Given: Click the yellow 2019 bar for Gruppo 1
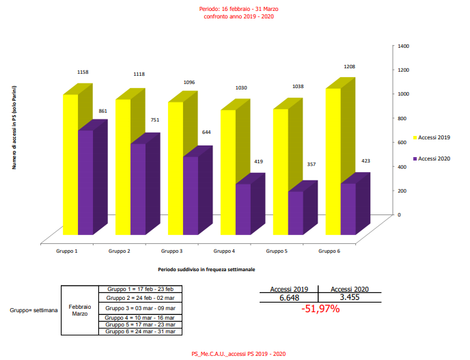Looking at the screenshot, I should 70,164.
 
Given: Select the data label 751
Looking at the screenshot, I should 155,119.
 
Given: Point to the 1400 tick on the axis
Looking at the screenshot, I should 404,46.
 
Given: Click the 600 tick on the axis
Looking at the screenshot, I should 402,142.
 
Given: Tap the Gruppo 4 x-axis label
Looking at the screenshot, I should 224,251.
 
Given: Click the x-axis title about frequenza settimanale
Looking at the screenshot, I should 206,269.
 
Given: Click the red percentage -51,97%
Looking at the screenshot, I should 320,309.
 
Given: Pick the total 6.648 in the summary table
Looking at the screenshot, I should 290,298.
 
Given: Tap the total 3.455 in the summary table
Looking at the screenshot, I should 350,298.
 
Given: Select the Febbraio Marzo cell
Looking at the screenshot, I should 80,311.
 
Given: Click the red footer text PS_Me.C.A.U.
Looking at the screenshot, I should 238,353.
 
